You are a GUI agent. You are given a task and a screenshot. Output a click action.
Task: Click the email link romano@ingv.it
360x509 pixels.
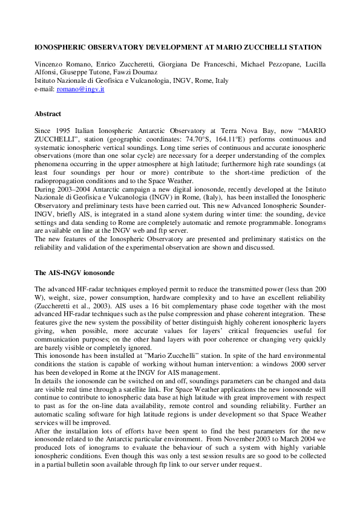pos(80,89)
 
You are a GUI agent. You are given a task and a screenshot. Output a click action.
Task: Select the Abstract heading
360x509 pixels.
pos(48,114)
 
